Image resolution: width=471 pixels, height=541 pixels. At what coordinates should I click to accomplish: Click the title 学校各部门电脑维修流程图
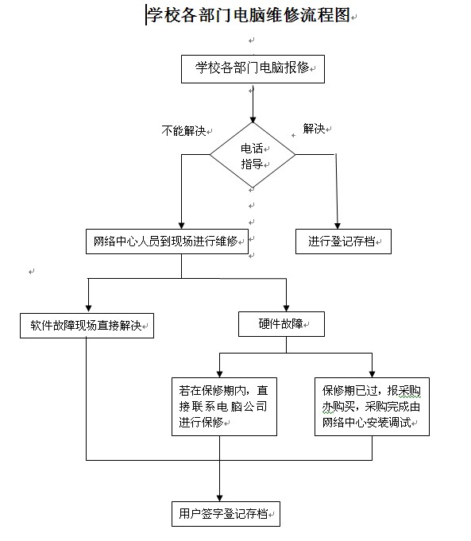(x=249, y=15)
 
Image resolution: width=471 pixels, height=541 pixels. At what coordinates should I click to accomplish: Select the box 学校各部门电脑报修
(x=253, y=69)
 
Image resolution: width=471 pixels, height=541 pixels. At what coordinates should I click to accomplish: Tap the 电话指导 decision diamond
(x=253, y=155)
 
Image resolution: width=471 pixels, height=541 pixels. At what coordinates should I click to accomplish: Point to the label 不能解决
(x=183, y=131)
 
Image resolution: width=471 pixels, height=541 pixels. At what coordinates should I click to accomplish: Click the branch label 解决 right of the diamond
(x=314, y=129)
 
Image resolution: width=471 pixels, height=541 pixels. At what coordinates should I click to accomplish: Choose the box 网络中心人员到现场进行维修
(x=167, y=242)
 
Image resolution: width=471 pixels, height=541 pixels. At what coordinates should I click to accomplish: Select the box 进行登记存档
(x=343, y=242)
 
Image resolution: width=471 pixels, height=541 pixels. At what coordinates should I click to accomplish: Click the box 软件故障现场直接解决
(x=87, y=326)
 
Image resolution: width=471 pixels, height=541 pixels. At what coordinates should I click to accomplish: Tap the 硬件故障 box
(x=281, y=324)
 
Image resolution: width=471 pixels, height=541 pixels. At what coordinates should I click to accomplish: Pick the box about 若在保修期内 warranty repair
(x=224, y=407)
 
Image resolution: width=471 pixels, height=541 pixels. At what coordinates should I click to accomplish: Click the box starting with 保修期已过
(x=372, y=407)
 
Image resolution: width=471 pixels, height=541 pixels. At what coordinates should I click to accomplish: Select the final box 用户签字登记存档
(x=226, y=514)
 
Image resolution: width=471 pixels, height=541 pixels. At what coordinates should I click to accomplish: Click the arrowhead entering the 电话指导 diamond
(x=253, y=120)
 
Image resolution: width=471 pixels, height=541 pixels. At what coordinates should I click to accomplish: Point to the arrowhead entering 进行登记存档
(x=338, y=226)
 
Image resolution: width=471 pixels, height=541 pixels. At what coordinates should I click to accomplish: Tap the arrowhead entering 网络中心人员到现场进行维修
(x=182, y=226)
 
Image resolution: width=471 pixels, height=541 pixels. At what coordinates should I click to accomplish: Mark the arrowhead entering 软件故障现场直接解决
(x=89, y=308)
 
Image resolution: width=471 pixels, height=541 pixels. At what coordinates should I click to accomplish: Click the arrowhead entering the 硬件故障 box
(x=286, y=308)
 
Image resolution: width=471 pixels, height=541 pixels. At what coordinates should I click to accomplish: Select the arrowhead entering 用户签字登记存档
(x=219, y=498)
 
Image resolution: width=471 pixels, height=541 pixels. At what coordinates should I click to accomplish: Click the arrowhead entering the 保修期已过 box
(x=372, y=374)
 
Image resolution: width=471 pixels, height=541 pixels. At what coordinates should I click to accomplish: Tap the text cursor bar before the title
(x=146, y=15)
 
